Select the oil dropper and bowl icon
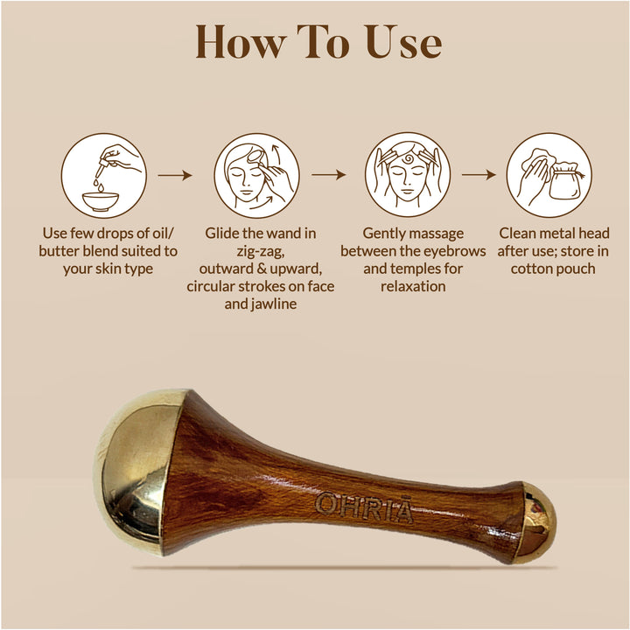[102, 175]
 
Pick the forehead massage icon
[408, 175]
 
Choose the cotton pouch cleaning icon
[549, 175]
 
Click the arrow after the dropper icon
[175, 175]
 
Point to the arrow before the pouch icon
[479, 175]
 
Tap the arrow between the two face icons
[328, 175]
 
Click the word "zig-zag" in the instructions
[260, 251]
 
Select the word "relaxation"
[414, 286]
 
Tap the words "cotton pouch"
[553, 269]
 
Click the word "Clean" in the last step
[520, 234]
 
